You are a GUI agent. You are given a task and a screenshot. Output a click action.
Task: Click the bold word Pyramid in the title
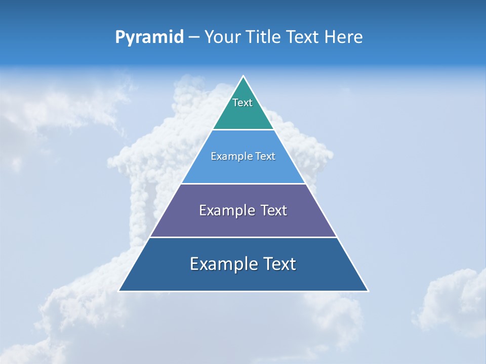149,37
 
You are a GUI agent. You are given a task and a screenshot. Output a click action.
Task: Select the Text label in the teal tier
242,103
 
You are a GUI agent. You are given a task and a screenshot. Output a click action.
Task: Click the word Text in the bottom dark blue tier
278,264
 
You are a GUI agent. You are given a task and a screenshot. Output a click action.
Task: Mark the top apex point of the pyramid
244,76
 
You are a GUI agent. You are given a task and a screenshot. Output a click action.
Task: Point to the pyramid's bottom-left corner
119,291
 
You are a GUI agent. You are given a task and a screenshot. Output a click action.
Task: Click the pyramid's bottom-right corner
368,291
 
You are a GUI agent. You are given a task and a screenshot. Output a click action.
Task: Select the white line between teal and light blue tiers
243,130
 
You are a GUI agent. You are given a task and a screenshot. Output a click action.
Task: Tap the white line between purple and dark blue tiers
243,237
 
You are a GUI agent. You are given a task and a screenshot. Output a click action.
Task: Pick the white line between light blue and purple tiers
243,184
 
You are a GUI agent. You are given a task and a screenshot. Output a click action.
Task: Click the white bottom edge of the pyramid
243,291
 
